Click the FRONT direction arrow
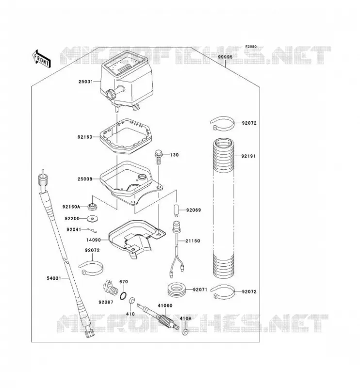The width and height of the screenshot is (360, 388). point(42,59)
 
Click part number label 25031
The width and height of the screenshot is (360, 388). point(86,81)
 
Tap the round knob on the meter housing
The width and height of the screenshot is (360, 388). point(111,94)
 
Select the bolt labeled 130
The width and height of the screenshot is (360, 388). point(158,156)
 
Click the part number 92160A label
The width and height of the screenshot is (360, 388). point(71,207)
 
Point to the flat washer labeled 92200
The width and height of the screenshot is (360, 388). point(93,219)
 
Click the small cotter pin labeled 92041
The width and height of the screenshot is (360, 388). point(92,230)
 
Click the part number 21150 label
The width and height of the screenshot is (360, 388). point(193,241)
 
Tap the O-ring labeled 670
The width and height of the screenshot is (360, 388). point(124,296)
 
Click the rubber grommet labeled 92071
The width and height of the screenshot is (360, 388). point(177,290)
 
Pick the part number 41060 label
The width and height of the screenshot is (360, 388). point(165,306)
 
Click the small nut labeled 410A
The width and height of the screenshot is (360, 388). point(185,332)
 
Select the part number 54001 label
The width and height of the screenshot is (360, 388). point(54,278)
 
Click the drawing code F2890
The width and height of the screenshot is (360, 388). point(251,46)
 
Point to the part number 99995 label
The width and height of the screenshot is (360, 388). point(225,57)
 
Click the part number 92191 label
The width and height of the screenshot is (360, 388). point(248,156)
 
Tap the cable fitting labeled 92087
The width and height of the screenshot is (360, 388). point(110,288)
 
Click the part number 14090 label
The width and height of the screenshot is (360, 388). point(93,240)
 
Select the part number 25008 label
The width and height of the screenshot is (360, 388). point(85,179)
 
